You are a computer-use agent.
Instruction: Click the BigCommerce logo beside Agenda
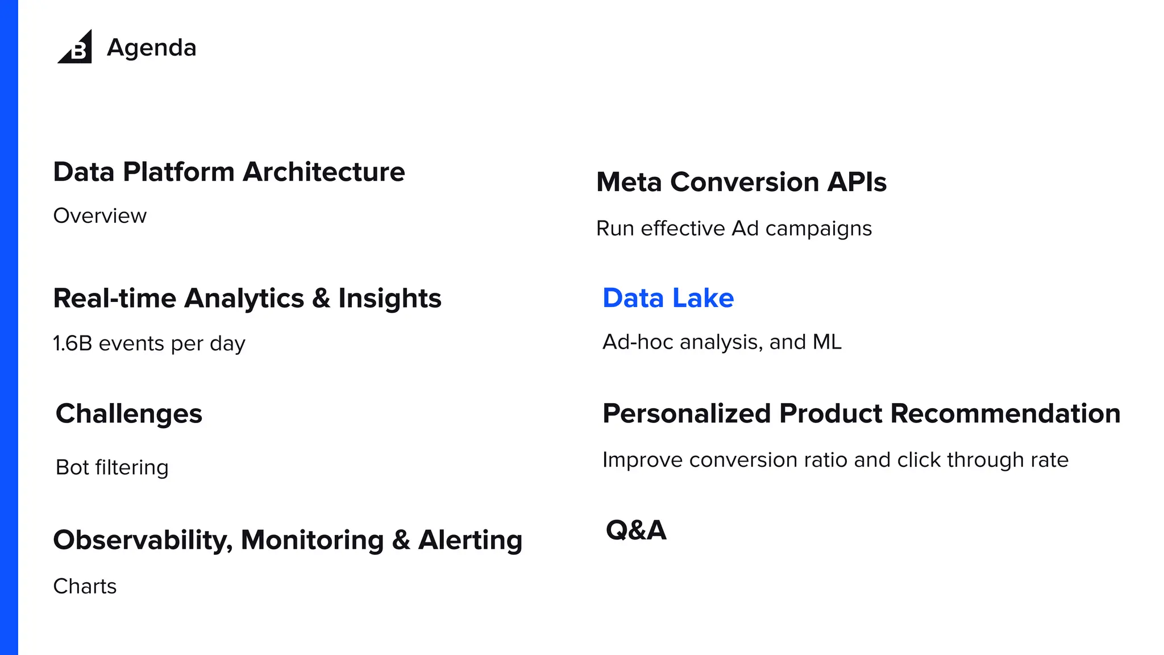[76, 47]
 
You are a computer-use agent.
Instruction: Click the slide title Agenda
[152, 48]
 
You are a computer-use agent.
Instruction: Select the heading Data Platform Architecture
[228, 172]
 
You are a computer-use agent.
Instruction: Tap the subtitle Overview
[100, 216]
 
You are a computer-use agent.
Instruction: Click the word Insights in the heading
[389, 299]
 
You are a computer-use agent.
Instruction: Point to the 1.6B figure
[72, 343]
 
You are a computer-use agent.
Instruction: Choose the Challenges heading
[129, 414]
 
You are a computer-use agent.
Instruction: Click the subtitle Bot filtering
[112, 467]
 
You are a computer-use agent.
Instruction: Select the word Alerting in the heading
[470, 540]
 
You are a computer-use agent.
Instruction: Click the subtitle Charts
[85, 586]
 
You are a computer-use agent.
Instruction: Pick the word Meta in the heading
[629, 183]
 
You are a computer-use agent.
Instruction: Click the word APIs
[857, 183]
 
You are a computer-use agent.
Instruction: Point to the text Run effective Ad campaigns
[734, 229]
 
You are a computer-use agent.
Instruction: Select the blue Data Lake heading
[668, 299]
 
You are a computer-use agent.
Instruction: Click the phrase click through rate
[983, 460]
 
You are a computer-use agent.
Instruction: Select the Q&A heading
[636, 530]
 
